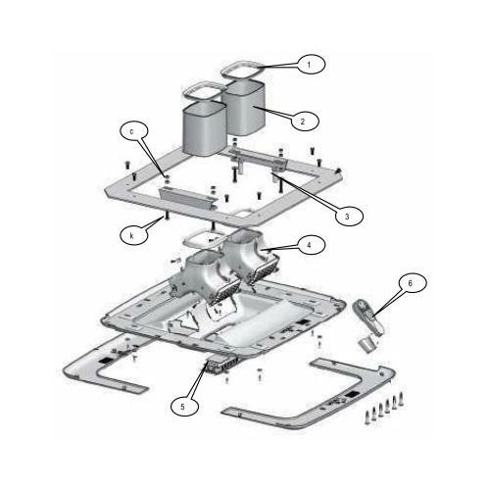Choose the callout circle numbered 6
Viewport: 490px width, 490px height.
tap(413, 284)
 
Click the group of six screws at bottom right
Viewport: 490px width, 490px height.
tap(384, 409)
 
